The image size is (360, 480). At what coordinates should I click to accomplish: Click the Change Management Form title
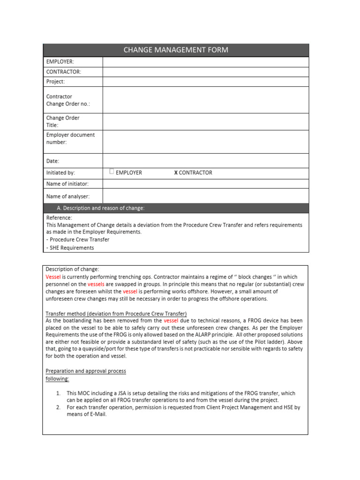(176, 50)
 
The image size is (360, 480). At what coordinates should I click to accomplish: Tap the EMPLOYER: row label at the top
(60, 62)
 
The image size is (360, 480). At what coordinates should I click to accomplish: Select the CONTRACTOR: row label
(64, 72)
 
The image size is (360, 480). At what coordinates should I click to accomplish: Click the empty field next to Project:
(205, 82)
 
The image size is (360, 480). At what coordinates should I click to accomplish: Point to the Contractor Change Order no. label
(68, 100)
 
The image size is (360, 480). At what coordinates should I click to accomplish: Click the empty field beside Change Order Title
(205, 121)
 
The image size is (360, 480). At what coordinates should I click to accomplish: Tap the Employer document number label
(70, 138)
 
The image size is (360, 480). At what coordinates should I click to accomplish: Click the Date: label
(52, 161)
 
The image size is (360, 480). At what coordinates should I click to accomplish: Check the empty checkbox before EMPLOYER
(112, 172)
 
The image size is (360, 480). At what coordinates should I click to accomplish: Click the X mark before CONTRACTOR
(176, 172)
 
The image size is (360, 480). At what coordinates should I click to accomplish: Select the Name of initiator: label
(67, 184)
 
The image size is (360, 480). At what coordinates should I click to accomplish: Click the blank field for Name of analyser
(205, 196)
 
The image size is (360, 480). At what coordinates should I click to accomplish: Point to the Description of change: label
(72, 269)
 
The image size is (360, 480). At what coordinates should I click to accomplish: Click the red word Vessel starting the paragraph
(53, 277)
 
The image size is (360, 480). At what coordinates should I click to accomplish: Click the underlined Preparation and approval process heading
(85, 371)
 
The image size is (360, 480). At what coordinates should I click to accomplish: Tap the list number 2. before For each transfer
(58, 407)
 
